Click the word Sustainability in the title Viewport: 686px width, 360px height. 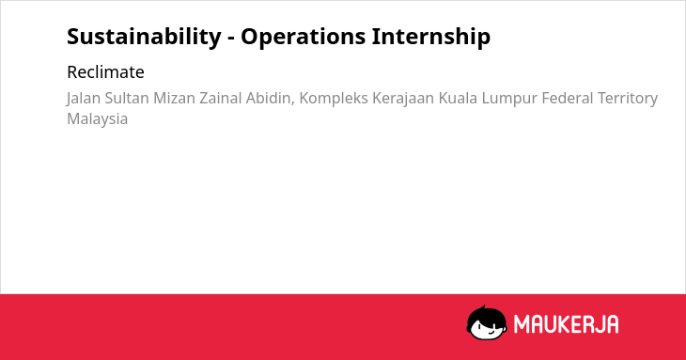click(x=144, y=37)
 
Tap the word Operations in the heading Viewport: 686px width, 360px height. click(x=304, y=37)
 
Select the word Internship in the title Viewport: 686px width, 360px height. click(x=431, y=37)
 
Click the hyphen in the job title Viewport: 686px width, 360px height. click(x=231, y=39)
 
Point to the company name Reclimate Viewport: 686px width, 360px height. click(x=105, y=72)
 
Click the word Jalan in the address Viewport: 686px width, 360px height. click(x=84, y=99)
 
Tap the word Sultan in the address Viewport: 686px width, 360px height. click(x=127, y=99)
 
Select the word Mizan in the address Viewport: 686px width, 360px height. click(x=174, y=99)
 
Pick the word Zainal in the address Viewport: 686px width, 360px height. click(x=221, y=99)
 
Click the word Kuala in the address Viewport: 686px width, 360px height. click(x=458, y=99)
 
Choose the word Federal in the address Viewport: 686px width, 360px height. click(x=568, y=99)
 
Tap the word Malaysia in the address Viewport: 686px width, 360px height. click(x=98, y=119)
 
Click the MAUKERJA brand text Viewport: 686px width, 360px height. click(x=566, y=324)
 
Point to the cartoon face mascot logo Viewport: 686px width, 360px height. click(x=487, y=322)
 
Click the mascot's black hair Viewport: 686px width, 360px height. click(x=486, y=313)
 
